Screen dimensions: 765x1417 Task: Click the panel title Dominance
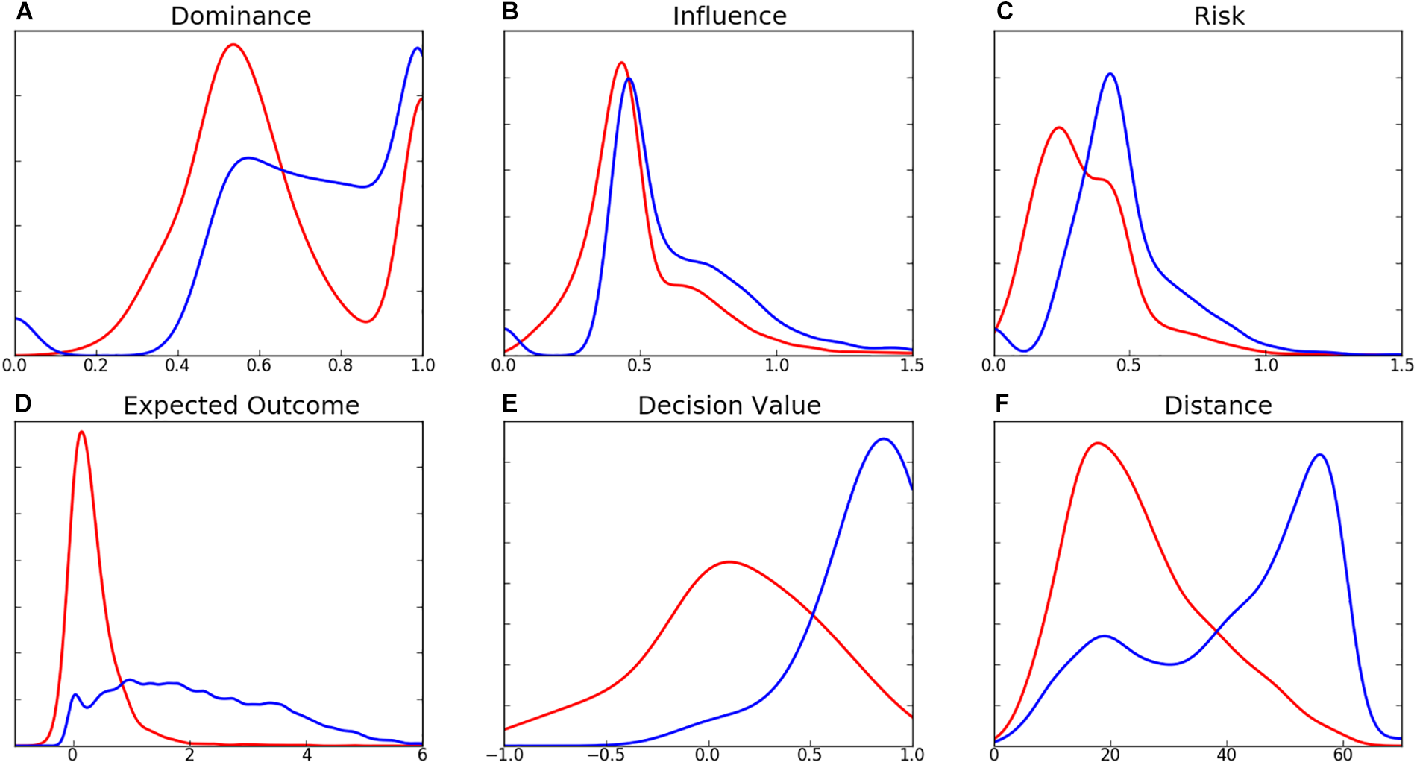pos(240,16)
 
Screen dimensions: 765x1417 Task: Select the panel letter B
pos(510,12)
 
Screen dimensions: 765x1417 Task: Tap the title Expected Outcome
pos(241,405)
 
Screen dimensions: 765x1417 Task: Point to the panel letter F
pos(1002,403)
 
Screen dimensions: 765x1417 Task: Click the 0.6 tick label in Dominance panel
pos(259,365)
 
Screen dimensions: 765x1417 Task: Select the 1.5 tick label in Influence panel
pos(911,365)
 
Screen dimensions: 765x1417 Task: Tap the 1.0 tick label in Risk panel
pos(1265,365)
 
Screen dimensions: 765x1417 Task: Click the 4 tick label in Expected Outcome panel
pos(307,755)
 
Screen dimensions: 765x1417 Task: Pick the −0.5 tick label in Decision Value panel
pos(605,755)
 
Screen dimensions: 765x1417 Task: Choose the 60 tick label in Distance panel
pos(1342,755)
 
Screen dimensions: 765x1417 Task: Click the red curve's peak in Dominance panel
pos(233,45)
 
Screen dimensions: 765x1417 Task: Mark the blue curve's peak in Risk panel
pos(1110,74)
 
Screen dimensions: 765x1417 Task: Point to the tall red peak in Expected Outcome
pos(81,432)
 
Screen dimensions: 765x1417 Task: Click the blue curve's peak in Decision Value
pos(884,439)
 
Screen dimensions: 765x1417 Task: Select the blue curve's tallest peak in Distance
pos(1320,454)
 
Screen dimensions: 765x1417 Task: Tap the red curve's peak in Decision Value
pos(729,561)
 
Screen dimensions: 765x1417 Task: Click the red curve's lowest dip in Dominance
pos(365,321)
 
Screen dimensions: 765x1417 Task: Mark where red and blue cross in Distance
pos(1217,632)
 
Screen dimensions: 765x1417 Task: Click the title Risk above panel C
pos(1219,16)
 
